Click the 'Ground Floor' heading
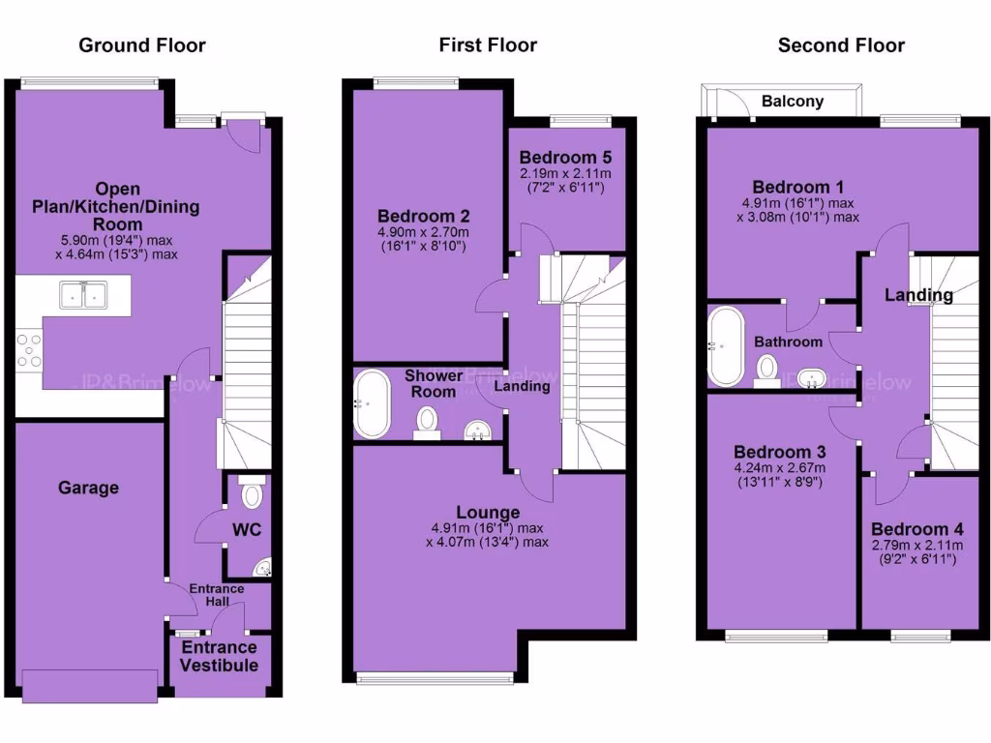point(142,45)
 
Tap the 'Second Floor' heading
point(841,45)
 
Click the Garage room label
point(88,488)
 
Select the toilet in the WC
point(252,494)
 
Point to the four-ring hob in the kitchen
point(29,350)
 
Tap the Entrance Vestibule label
point(220,656)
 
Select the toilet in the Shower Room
point(427,423)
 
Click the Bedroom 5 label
point(565,158)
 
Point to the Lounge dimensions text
point(488,535)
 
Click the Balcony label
point(793,101)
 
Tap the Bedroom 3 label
point(779,452)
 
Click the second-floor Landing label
point(919,295)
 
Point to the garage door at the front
point(88,686)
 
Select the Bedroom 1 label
point(792,187)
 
